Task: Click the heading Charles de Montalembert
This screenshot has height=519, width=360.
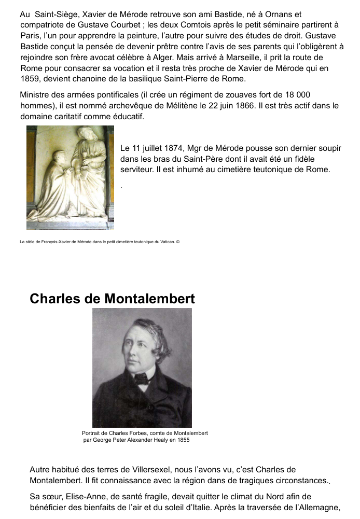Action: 113,299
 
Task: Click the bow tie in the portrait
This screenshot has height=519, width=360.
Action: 141,379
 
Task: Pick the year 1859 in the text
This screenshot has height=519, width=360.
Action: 29,79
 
